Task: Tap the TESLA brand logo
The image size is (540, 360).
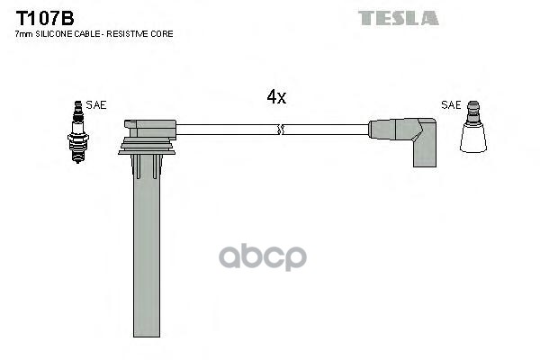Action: coord(398,18)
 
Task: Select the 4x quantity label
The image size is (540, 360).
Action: coord(275,97)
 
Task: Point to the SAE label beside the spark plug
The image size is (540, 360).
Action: coord(96,105)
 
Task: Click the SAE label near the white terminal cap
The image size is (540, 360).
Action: coord(451,105)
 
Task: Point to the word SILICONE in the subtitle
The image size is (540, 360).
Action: coord(58,33)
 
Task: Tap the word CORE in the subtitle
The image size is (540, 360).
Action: coord(164,33)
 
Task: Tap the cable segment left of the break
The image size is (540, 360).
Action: coord(225,130)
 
